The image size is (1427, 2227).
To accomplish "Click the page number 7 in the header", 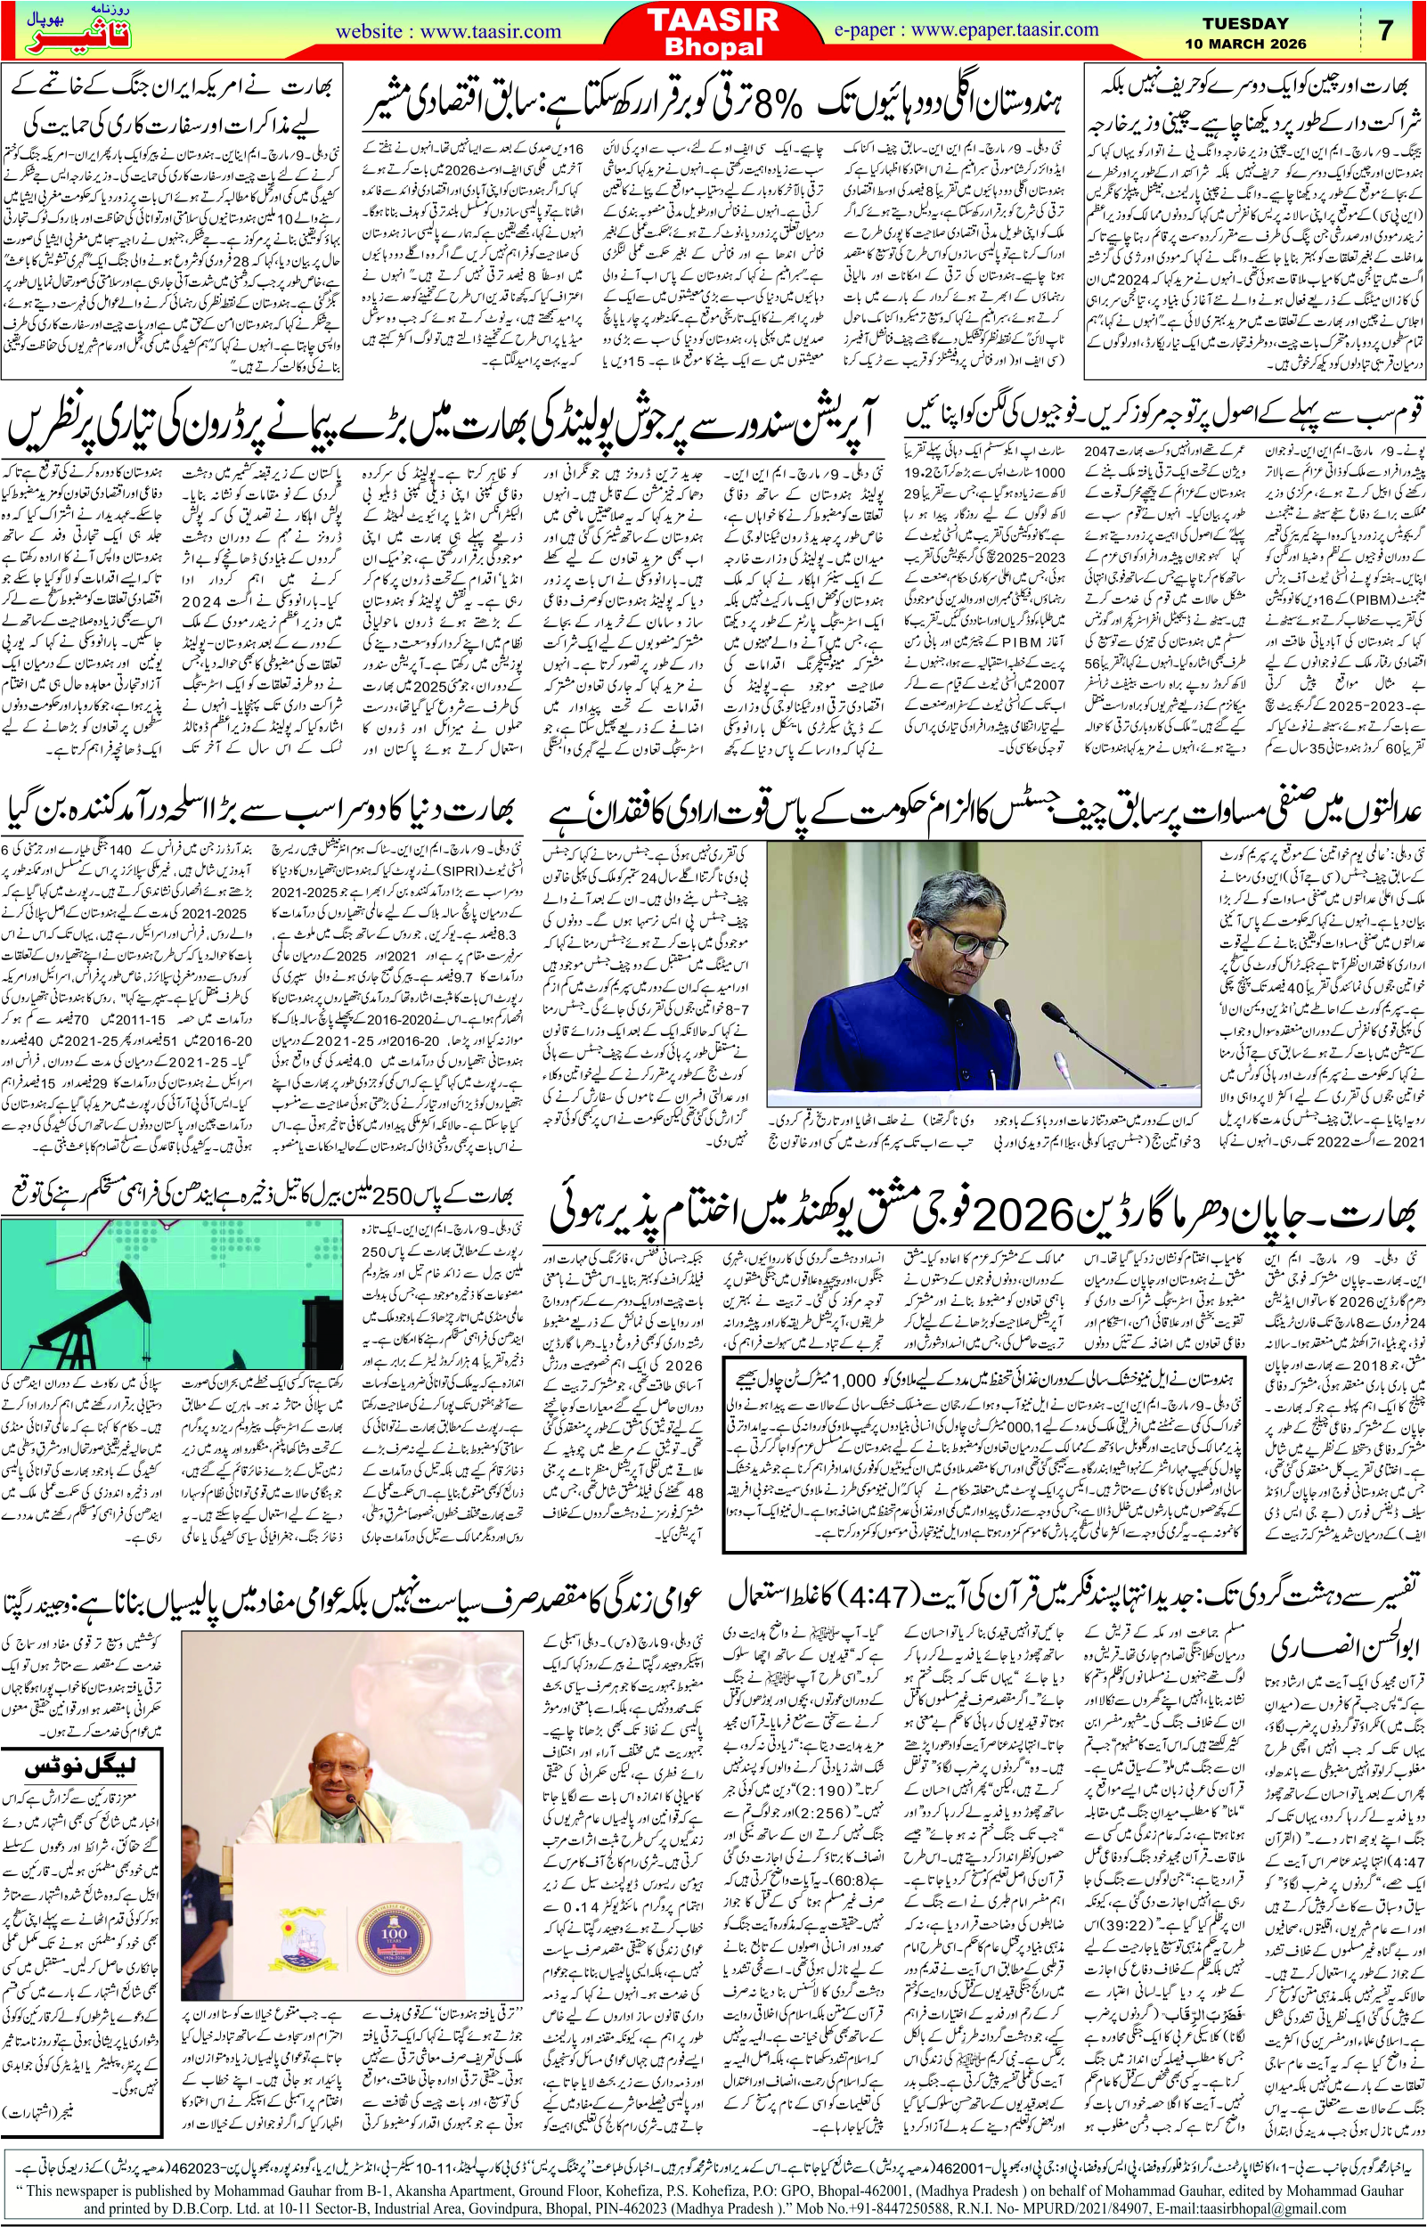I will point(1385,30).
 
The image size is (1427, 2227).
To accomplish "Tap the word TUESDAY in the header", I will point(1244,23).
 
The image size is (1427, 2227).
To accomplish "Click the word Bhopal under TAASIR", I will point(713,47).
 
